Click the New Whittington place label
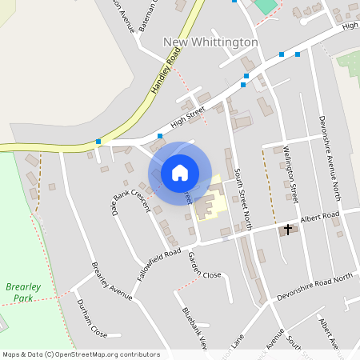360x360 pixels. point(210,42)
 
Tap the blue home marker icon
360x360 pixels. point(180,172)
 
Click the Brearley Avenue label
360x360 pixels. point(110,280)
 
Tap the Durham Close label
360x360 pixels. point(91,318)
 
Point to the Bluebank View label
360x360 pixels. point(194,328)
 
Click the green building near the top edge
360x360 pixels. point(265,6)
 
